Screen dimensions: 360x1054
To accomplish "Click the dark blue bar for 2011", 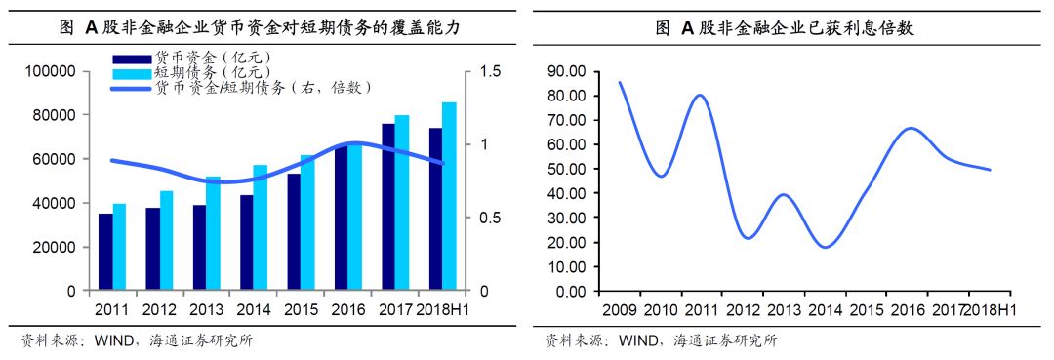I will [105, 252].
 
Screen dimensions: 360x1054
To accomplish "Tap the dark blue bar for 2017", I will [387, 207].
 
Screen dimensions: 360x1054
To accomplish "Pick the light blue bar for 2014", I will [261, 227].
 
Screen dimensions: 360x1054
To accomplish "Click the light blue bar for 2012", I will [167, 240].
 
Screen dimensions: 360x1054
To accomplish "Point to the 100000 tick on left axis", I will [54, 71].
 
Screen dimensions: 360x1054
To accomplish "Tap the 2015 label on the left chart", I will [302, 309].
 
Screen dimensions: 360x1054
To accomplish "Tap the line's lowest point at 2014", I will [826, 247].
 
